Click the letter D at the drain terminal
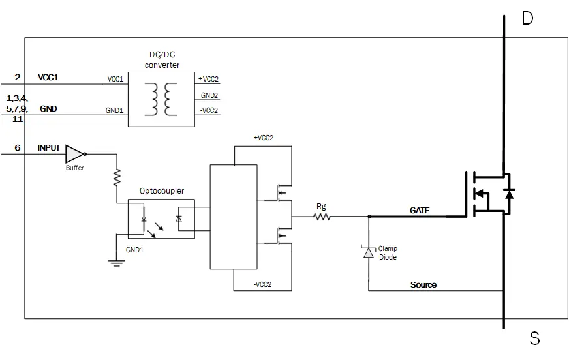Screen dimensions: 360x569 527,18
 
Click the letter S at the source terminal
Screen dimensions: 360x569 534,338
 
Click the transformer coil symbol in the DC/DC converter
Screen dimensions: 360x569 163,97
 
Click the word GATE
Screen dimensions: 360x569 420,211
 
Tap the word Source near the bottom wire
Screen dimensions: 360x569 423,285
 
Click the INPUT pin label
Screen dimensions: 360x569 48,148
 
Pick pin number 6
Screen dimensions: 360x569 18,148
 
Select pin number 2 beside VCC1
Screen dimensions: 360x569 18,78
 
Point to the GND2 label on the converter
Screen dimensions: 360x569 209,95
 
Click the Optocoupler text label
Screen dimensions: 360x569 162,191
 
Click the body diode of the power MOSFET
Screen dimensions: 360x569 510,193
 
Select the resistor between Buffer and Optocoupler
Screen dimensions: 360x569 117,177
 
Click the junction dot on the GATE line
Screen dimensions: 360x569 369,217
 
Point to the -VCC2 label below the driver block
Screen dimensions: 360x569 262,284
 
